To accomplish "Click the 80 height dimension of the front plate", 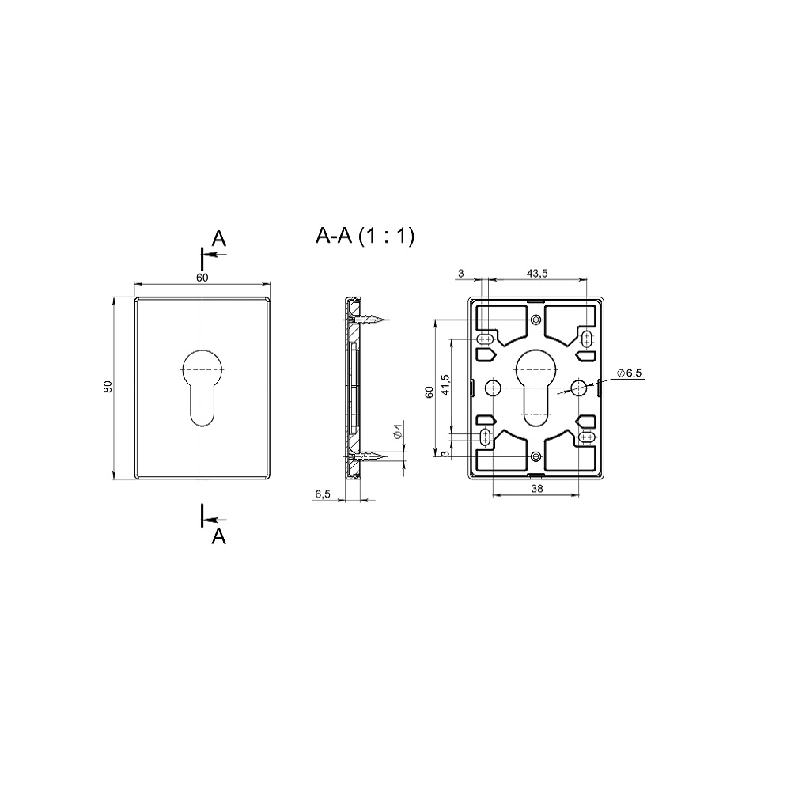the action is click(108, 387).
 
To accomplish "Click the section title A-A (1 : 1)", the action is click(365, 236).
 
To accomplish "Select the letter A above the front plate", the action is click(218, 237).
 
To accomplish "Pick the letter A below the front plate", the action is click(218, 537).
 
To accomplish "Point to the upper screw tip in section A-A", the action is click(388, 320).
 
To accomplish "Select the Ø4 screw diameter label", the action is click(398, 432).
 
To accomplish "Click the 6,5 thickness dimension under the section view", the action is click(323, 494).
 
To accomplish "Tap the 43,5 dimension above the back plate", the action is click(537, 274).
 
